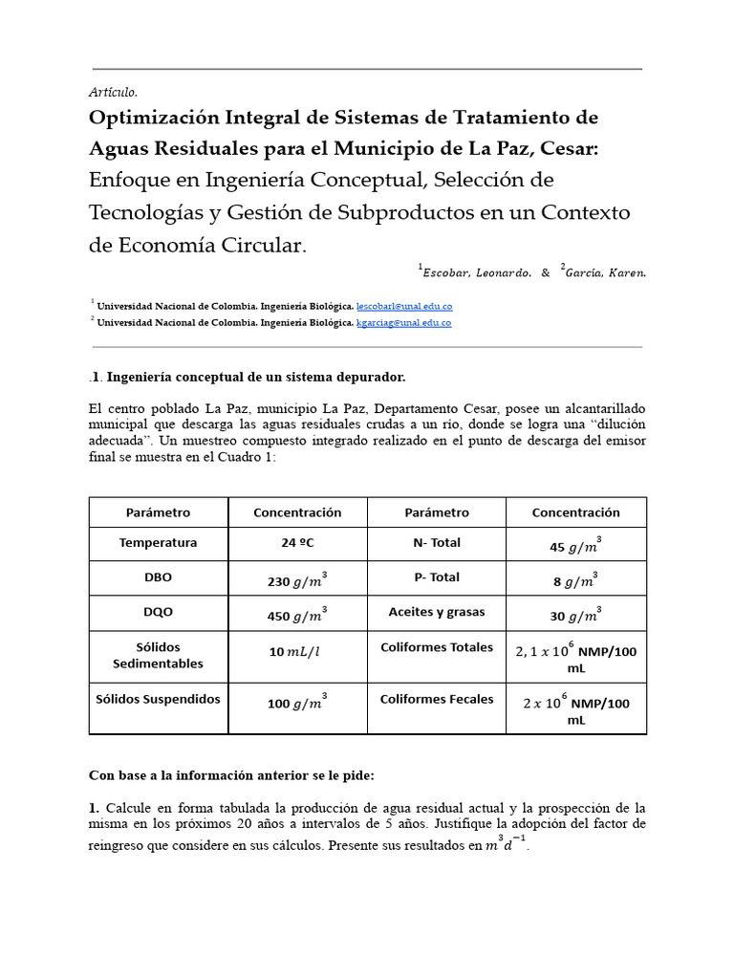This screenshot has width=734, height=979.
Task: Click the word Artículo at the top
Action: click(x=113, y=93)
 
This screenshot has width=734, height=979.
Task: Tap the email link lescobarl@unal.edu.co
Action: click(x=404, y=306)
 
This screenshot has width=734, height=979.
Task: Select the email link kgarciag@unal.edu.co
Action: click(x=403, y=323)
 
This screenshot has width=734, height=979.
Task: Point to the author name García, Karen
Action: click(x=604, y=272)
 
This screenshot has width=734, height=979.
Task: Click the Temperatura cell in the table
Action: click(x=158, y=543)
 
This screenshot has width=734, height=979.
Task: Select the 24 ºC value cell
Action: click(x=296, y=543)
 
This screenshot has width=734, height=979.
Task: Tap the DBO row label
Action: click(x=158, y=577)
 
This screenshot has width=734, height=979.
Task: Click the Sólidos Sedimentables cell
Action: click(x=158, y=656)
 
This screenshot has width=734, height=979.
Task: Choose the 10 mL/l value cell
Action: click(x=296, y=652)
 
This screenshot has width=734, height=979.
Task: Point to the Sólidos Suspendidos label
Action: click(x=158, y=699)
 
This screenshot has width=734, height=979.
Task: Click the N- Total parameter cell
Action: click(x=437, y=543)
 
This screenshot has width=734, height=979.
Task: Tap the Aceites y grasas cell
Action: click(x=437, y=612)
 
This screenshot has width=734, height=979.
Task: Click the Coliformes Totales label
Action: click(x=437, y=647)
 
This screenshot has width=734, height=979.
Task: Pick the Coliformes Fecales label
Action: click(x=437, y=699)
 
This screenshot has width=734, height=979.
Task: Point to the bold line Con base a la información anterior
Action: click(x=237, y=774)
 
